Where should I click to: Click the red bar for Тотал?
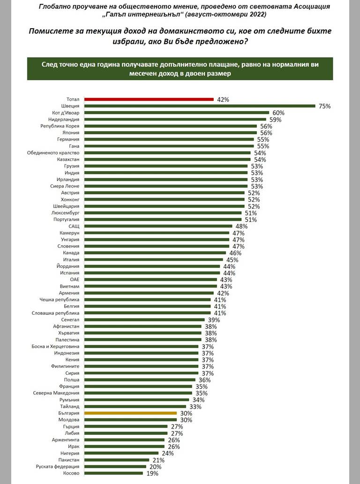149,99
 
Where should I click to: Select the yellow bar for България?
130,413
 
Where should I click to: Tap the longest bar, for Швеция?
199,106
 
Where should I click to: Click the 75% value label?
324,106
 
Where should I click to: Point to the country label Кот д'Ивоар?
66,113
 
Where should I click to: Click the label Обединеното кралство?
56,153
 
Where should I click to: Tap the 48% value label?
241,226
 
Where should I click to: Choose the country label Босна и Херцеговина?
55,346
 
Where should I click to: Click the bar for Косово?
113,473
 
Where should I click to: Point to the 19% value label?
152,474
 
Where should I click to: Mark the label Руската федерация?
58,467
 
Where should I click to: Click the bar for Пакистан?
116,460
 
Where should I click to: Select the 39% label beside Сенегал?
214,319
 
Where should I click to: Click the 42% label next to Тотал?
223,100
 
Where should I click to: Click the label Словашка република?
55,313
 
